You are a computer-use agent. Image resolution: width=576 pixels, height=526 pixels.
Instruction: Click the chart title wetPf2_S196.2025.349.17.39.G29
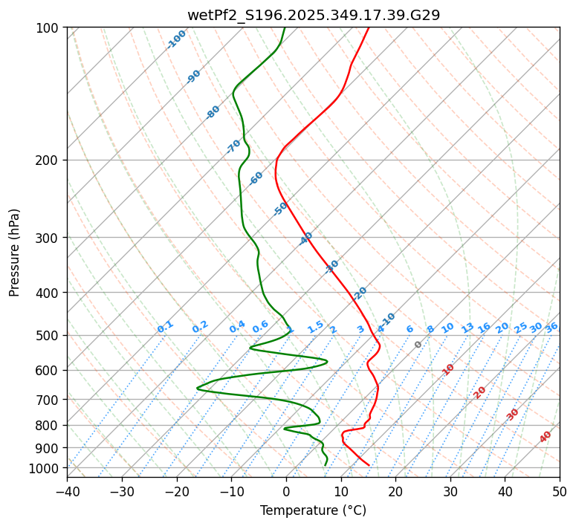tap(313, 14)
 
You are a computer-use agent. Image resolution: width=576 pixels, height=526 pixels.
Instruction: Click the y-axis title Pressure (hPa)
tap(15, 252)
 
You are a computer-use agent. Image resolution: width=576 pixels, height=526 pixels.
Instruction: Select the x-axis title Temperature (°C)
tap(313, 510)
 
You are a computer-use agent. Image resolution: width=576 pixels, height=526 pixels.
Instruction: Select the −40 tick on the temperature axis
tap(67, 491)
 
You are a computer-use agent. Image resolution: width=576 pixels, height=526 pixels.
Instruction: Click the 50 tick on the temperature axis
tap(560, 491)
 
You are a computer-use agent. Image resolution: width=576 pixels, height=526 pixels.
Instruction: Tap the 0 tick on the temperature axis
tap(286, 491)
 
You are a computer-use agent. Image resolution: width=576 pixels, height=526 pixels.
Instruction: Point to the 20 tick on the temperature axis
tap(395, 491)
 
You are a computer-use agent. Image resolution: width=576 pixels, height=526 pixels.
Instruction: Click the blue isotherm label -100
tap(176, 39)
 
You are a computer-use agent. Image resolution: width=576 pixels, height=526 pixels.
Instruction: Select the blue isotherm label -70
tap(233, 146)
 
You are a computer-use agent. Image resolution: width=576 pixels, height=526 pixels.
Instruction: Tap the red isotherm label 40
tap(546, 437)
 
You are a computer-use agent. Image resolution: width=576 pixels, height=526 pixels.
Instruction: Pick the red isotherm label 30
tap(513, 415)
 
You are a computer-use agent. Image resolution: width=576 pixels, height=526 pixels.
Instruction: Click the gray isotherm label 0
tap(418, 345)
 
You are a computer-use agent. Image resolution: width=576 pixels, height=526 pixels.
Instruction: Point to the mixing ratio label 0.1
tap(165, 327)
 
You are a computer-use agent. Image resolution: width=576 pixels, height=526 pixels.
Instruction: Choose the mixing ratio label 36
tap(551, 327)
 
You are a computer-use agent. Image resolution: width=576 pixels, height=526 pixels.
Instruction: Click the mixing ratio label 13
tap(467, 328)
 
